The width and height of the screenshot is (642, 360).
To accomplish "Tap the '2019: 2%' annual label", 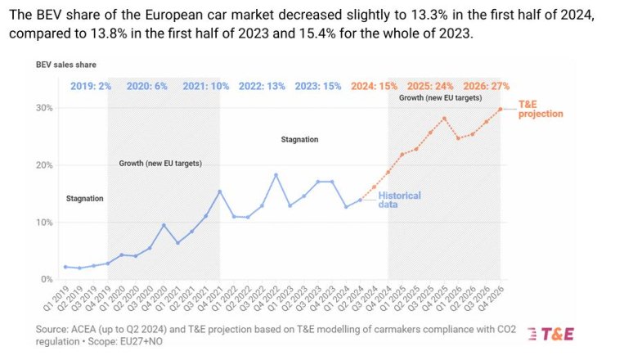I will coord(90,86).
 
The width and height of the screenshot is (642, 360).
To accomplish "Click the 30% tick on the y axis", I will coord(46,108).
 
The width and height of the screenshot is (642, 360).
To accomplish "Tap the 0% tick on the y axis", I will coord(48,280).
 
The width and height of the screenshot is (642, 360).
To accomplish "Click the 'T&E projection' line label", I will coord(541,109).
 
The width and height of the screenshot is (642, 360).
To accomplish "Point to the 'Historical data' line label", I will coord(399,200).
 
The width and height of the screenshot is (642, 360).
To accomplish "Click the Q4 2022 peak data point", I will coord(276,175).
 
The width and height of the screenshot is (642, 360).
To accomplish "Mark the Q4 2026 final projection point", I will coord(500,109).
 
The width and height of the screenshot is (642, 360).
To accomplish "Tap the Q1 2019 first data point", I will coord(65,267).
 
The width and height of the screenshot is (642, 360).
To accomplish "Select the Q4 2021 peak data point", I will coord(219,191).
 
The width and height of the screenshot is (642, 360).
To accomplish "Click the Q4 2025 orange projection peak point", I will coord(444,119).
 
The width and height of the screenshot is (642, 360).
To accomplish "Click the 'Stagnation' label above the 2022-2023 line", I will coord(299,140).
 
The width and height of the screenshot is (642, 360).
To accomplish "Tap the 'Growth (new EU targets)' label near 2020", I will coord(160,164).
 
